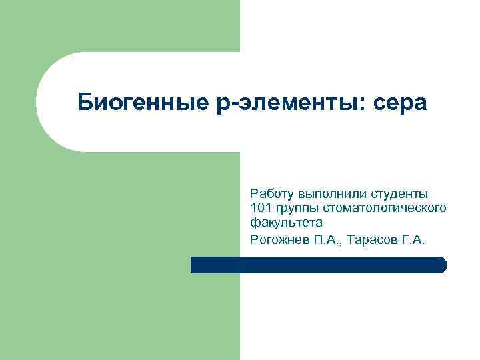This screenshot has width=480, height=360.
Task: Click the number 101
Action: click(260, 209)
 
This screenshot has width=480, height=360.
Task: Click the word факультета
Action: click(286, 223)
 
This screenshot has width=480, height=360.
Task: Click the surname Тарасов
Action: click(373, 239)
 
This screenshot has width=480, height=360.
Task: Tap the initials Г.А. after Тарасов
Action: click(413, 239)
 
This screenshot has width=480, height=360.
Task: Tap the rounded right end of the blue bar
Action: click(442, 265)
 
